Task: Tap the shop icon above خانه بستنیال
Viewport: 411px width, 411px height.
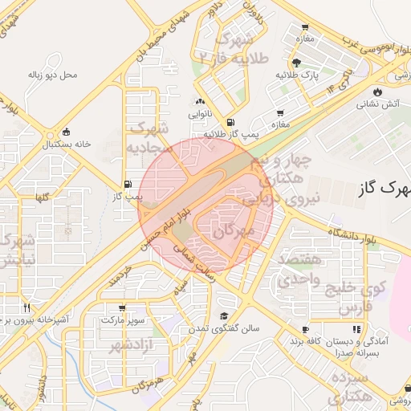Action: point(66,132)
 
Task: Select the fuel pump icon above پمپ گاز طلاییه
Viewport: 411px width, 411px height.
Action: point(231,122)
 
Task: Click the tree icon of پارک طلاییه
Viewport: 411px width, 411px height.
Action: point(298,63)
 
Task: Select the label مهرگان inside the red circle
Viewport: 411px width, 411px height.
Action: point(233,231)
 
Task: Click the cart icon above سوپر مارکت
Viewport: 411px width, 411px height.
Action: point(121,307)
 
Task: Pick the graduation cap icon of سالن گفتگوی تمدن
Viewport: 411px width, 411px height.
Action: point(224,317)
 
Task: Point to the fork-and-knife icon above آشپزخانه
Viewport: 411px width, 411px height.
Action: point(26,307)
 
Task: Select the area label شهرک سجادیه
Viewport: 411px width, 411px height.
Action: point(149,138)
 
